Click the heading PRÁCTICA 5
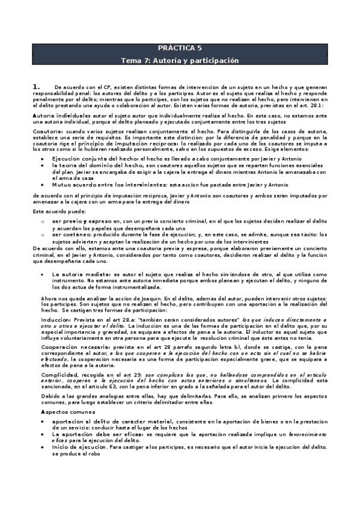180,49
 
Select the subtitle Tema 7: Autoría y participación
180,61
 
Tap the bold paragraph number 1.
36,87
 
